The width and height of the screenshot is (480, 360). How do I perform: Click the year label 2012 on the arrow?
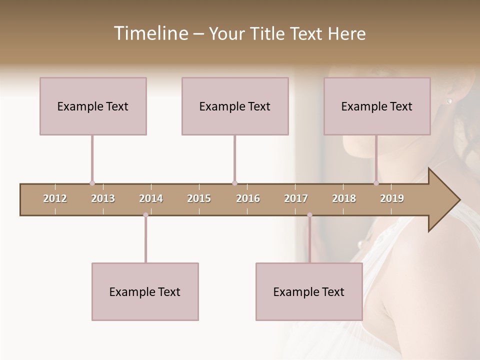tap(55, 199)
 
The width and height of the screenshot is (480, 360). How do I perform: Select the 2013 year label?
tap(103, 199)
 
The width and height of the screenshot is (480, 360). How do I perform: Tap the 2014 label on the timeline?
tap(151, 199)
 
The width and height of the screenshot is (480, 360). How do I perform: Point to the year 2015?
tap(199, 199)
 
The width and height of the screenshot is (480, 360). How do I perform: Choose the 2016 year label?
tap(248, 199)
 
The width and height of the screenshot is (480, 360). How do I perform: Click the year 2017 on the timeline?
tap(296, 199)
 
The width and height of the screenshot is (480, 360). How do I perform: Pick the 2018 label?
tap(344, 199)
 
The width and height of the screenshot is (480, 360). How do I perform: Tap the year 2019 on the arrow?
tap(392, 199)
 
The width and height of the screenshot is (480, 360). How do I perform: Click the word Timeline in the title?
tap(150, 33)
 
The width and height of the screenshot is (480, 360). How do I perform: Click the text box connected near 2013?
tap(93, 106)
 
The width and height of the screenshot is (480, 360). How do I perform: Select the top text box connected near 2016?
tap(235, 106)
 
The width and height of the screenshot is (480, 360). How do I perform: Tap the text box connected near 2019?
tap(377, 106)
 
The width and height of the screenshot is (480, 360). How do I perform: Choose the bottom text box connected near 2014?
tap(145, 291)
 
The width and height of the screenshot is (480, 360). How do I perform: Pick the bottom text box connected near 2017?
tap(309, 291)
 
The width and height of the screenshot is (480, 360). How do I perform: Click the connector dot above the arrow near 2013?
tap(92, 183)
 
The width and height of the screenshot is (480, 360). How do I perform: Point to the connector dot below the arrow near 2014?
tap(145, 215)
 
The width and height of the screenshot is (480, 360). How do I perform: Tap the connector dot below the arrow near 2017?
tap(309, 215)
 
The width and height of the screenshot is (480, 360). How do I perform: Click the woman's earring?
tap(448, 101)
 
